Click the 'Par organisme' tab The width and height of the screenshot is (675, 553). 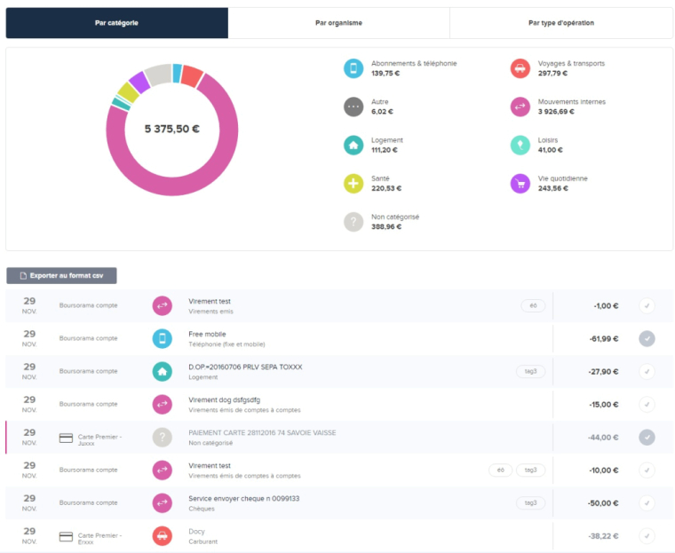coord(338,23)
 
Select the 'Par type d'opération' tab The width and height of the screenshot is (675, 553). coord(560,23)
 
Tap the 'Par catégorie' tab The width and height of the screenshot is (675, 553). coord(116,23)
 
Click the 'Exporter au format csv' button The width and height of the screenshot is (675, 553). coord(61,276)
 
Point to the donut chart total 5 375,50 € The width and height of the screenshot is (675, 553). coord(172,129)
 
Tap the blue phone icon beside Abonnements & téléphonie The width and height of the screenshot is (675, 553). coord(353,68)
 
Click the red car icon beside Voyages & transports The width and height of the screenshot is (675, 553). coord(520,68)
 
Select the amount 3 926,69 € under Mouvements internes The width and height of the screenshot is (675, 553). coord(557,112)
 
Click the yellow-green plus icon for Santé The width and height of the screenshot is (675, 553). coord(353,184)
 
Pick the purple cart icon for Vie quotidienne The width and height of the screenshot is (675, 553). coord(520,184)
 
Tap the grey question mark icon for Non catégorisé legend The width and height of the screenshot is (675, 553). coord(353,222)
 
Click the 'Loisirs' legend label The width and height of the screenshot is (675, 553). coord(548,140)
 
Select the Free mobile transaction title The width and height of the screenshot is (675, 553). coord(208,334)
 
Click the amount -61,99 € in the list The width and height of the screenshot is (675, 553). coord(603,338)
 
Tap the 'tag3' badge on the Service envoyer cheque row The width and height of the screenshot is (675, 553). coord(530,502)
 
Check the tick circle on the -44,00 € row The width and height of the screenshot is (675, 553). coord(647,437)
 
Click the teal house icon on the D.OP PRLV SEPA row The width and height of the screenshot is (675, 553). coord(162,371)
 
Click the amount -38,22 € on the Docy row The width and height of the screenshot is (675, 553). coord(603,536)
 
